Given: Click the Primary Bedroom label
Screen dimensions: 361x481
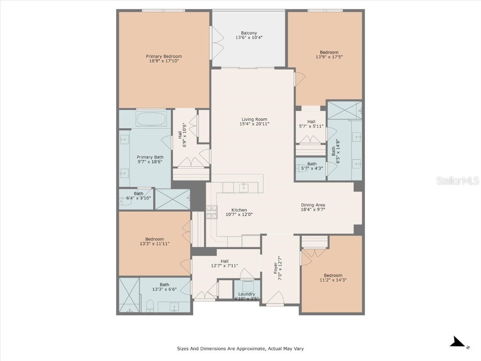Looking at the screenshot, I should [163, 56].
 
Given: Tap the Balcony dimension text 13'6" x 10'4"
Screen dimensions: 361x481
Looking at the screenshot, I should [248, 38].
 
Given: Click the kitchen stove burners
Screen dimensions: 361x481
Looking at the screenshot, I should [211, 212].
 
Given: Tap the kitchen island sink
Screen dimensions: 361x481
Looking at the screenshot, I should [244, 188].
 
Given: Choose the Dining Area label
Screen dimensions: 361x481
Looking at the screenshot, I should [313, 205].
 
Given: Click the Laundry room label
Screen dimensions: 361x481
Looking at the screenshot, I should [246, 294].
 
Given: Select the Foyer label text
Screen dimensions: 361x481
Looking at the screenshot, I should [276, 267].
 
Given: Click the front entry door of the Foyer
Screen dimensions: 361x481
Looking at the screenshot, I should [275, 298].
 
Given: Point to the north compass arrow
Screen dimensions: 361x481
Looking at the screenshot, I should [458, 343].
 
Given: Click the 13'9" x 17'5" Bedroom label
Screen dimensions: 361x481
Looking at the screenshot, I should [329, 52].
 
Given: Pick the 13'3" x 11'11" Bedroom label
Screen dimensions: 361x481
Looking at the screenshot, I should [154, 239].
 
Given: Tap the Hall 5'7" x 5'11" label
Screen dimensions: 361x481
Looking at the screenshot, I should [311, 122].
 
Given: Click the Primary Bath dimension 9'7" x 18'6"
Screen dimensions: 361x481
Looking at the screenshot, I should [150, 162].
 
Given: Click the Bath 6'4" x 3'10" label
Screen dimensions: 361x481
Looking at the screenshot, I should [138, 194].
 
